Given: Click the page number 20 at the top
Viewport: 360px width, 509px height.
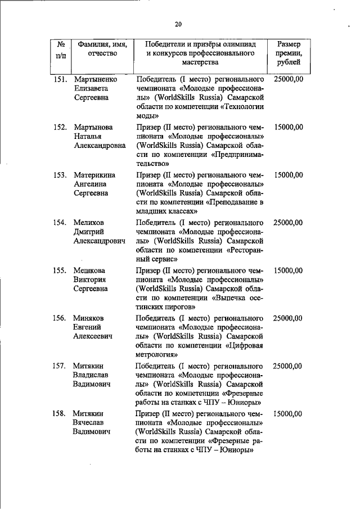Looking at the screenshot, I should coord(178,24).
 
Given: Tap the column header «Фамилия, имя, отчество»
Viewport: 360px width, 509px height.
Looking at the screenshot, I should coord(102,49).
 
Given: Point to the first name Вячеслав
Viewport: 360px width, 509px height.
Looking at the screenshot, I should coord(91,423).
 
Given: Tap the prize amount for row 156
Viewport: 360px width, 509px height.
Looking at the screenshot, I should coord(289,318).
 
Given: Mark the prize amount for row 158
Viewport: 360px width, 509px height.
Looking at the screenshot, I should coord(289,413).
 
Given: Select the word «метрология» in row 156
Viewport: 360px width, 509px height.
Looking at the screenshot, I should coord(157,355).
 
